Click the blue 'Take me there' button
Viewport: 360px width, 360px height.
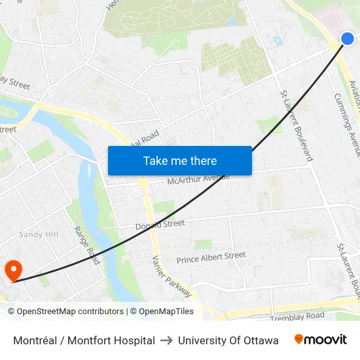[x=180, y=160]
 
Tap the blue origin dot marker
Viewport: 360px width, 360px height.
[x=348, y=39]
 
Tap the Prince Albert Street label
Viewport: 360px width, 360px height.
[x=211, y=258]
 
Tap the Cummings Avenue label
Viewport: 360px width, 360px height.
[x=347, y=124]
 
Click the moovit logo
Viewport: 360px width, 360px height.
[x=320, y=340]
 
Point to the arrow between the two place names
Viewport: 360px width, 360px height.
[x=166, y=340]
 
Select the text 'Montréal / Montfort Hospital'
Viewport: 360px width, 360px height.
[x=84, y=340]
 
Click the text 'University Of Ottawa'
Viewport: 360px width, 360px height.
[x=228, y=340]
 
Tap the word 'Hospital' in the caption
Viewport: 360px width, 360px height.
[x=133, y=340]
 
